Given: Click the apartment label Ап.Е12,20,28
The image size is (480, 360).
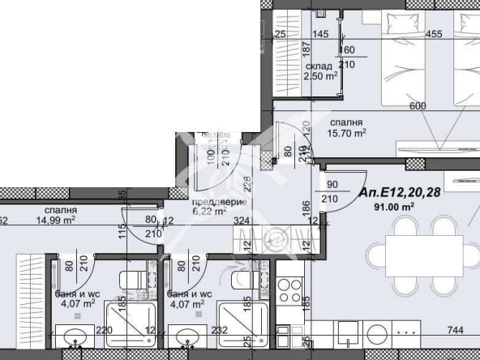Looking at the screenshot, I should (401, 192).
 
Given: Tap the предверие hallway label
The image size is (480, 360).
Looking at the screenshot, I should (213, 202).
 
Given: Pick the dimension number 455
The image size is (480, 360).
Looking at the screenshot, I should (434, 34).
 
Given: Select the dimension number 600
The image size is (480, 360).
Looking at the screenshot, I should (418, 106).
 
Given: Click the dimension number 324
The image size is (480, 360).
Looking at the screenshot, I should (241, 219).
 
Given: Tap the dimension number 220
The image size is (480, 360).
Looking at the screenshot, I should (104, 332).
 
